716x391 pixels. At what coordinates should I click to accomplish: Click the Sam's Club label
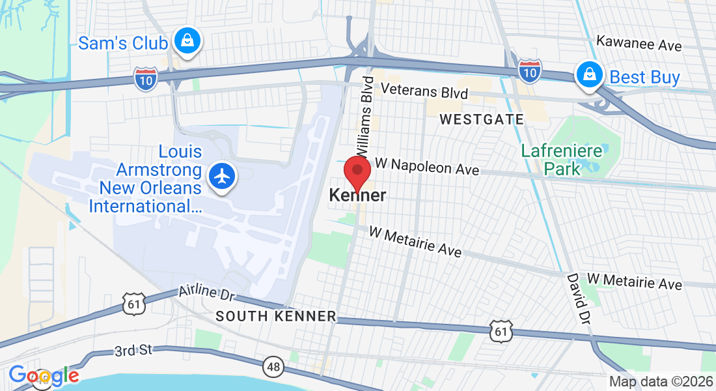click(x=123, y=43)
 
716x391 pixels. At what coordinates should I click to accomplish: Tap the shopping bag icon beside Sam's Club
click(x=187, y=42)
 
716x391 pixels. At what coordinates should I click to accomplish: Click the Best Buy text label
click(x=644, y=78)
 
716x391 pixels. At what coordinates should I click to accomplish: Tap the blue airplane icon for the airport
click(x=223, y=176)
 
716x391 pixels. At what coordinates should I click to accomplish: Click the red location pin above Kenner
click(x=357, y=172)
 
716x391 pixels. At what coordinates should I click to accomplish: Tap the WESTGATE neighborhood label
click(x=482, y=119)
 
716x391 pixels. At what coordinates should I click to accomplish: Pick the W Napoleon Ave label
click(x=427, y=167)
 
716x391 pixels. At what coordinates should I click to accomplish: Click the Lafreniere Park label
click(x=551, y=160)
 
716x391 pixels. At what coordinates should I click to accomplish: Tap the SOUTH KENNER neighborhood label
click(x=276, y=317)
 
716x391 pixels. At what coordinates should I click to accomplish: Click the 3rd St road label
click(x=133, y=351)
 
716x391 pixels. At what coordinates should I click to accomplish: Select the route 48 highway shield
click(x=274, y=368)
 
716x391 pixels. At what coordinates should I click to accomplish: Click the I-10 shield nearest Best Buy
click(x=530, y=70)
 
